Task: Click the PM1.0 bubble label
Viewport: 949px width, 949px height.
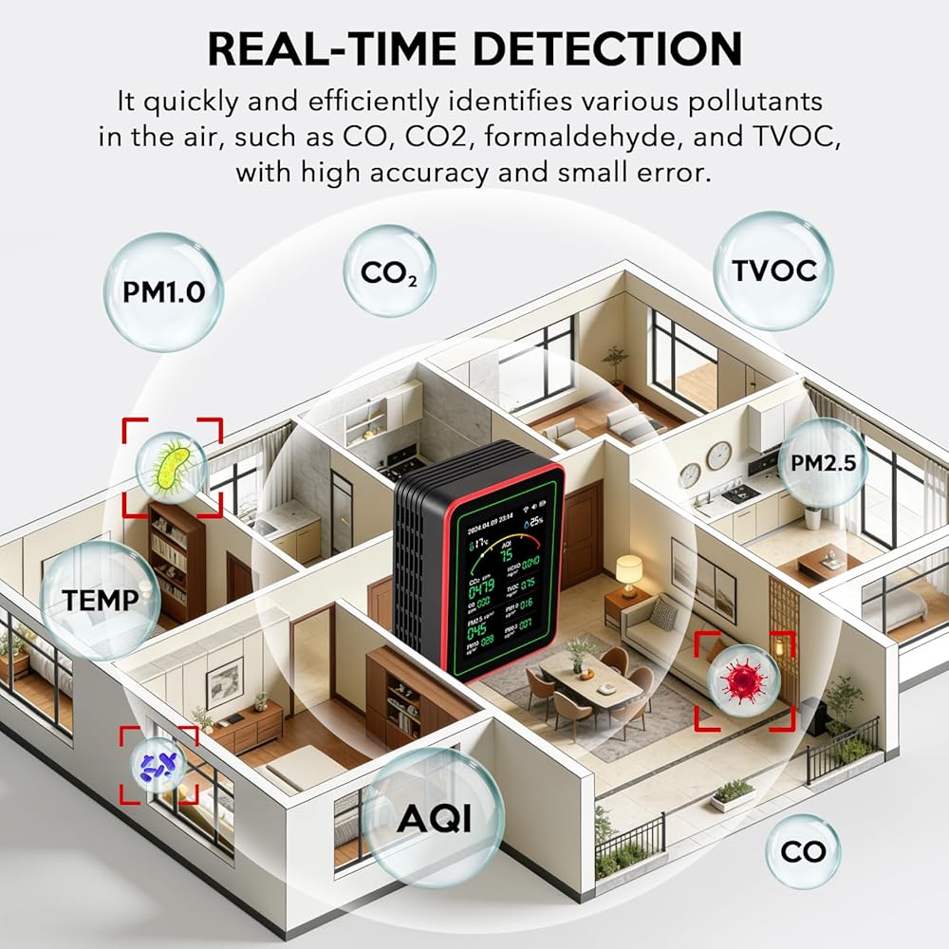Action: (x=163, y=291)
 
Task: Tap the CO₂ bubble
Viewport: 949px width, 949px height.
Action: (x=389, y=273)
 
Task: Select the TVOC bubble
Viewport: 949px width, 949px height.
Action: (x=773, y=270)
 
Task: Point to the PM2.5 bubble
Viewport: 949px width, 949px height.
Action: (x=822, y=462)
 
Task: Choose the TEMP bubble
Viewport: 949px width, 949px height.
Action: (x=101, y=600)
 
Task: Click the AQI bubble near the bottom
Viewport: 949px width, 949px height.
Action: (x=434, y=816)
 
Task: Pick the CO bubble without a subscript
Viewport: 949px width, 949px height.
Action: (x=803, y=851)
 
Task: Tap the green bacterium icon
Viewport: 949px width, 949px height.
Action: (x=172, y=465)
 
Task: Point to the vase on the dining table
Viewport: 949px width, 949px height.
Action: (x=581, y=652)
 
